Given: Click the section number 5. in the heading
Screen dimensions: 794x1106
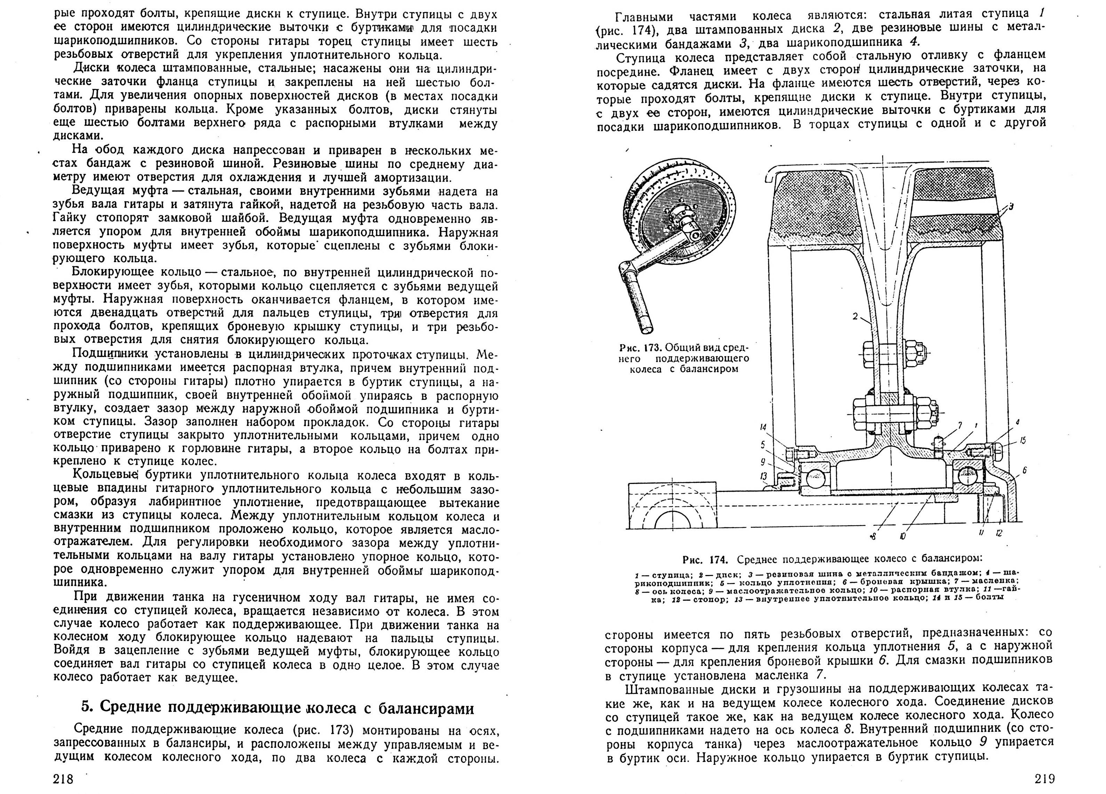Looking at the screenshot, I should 86,708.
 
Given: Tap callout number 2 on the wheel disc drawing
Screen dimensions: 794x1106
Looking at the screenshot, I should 855,316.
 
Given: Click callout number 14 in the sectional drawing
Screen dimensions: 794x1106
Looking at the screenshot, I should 763,427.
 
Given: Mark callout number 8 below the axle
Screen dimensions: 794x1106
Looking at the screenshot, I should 872,536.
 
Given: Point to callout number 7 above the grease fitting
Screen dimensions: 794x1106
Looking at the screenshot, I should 960,426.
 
